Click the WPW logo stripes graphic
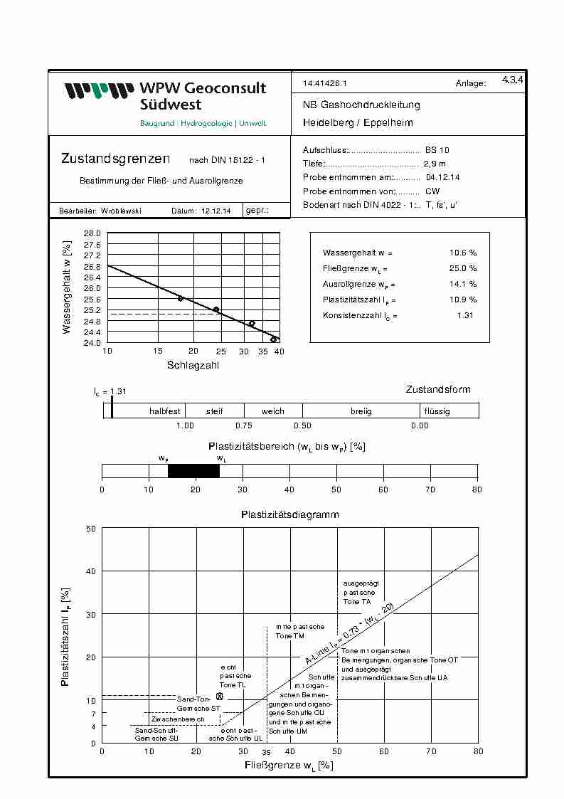click(x=98, y=90)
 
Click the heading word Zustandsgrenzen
click(x=115, y=159)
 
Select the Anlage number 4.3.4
click(x=512, y=80)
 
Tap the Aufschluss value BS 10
click(x=437, y=151)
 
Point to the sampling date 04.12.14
click(x=442, y=177)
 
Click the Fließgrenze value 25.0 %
click(x=463, y=268)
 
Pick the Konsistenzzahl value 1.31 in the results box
click(x=464, y=315)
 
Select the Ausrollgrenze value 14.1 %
click(x=463, y=284)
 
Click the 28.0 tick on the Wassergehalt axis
click(x=92, y=233)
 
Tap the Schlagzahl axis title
click(x=193, y=365)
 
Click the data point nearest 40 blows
click(x=273, y=339)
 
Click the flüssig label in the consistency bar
click(x=437, y=411)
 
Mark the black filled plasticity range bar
click(x=193, y=471)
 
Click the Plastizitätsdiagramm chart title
click(x=289, y=514)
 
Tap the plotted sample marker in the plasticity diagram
click(x=220, y=696)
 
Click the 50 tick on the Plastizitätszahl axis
click(x=91, y=529)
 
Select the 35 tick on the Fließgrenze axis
click(x=267, y=751)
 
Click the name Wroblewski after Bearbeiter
click(x=120, y=211)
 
